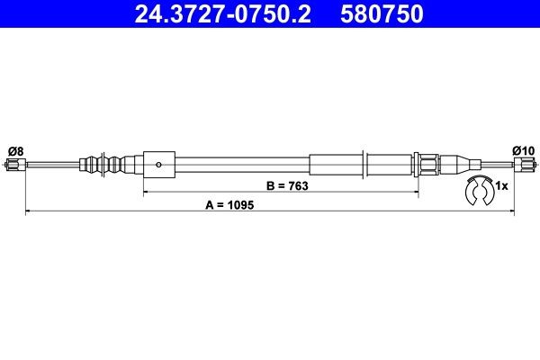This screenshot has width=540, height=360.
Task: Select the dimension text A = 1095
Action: point(230,204)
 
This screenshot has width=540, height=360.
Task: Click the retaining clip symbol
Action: point(476,191)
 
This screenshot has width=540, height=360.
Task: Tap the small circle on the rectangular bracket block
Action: point(158,165)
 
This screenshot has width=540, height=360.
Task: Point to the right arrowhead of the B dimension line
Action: point(417,193)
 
